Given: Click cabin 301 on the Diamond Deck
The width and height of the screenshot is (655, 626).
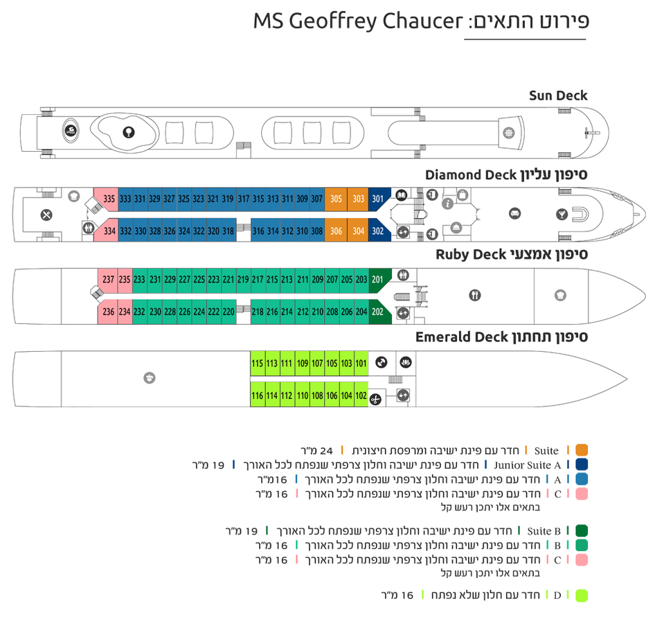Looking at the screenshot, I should tap(377, 199).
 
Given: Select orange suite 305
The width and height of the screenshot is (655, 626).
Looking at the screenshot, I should tap(336, 199).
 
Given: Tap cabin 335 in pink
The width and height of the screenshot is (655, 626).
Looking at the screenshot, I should tap(108, 199).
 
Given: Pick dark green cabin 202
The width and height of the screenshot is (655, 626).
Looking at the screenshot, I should tap(377, 312).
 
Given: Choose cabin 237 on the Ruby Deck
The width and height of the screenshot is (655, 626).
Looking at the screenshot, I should tap(107, 280).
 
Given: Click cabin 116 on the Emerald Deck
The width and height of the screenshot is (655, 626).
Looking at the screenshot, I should tap(257, 395).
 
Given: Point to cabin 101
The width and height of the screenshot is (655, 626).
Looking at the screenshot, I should tap(361, 364).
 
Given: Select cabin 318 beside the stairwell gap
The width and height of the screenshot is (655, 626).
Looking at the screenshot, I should tap(228, 231).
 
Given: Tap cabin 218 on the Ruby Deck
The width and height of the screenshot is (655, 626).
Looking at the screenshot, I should tap(258, 312).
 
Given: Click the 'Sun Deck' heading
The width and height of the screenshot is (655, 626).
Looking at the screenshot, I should tap(558, 96).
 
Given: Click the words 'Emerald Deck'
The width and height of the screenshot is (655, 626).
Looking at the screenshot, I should tap(462, 337).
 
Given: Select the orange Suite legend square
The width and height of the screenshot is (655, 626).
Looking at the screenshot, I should tap(582, 451).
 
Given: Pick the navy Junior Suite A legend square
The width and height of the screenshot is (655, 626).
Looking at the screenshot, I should tap(582, 465).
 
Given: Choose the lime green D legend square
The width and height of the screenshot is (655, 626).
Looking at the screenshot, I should tap(582, 596).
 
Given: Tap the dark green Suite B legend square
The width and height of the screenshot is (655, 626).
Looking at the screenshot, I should tap(582, 531).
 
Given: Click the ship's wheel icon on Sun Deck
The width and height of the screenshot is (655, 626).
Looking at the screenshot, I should tap(510, 132).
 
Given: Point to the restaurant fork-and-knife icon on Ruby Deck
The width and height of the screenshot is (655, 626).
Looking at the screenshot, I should tap(474, 296).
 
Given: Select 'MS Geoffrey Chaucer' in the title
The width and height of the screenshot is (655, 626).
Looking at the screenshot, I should tap(357, 21).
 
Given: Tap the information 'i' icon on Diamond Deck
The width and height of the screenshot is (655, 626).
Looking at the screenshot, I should tap(447, 203).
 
